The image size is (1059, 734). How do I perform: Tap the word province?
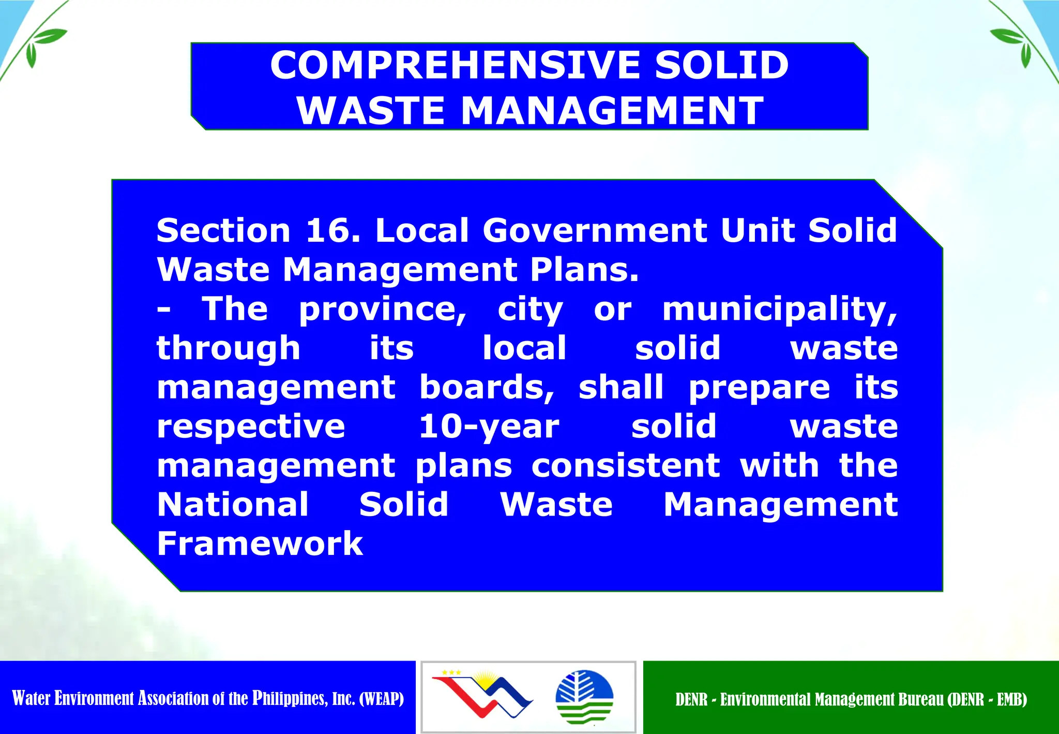tap(383, 310)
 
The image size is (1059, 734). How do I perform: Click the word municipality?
tap(780, 310)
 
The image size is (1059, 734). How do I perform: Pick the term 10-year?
tap(489, 427)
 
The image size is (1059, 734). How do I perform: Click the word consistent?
tap(626, 465)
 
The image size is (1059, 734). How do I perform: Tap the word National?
tap(233, 504)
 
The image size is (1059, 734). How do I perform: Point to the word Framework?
tap(260, 544)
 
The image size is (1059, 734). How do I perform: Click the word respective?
tap(251, 427)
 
